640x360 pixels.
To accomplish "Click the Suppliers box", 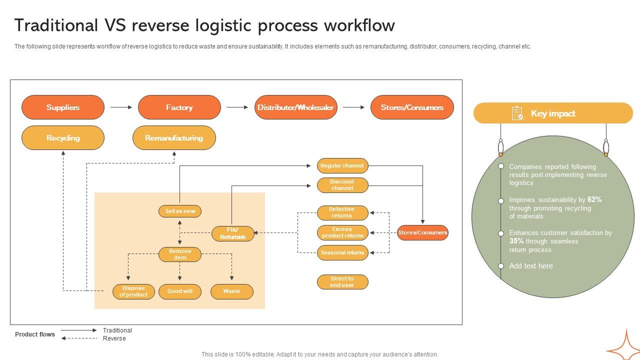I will click(63, 107).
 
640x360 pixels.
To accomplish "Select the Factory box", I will click(179, 107).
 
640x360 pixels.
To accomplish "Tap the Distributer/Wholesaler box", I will click(295, 107).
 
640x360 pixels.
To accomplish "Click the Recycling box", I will click(63, 138).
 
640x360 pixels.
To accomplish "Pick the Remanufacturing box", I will click(174, 138).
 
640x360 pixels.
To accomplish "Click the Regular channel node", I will click(342, 165).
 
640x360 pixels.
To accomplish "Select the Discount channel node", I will click(342, 185).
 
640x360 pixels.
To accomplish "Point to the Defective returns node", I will click(342, 212).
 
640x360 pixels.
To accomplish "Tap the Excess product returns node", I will click(342, 232).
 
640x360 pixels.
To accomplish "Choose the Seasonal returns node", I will click(342, 252).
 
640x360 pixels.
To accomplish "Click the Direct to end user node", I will click(342, 282).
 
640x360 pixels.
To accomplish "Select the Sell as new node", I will click(180, 211).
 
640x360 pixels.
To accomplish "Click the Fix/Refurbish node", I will click(232, 233).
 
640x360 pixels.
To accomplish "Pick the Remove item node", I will click(180, 254).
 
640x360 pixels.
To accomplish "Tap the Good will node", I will click(180, 291).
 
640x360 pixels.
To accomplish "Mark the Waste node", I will click(232, 291).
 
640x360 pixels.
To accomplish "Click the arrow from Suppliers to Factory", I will click(121, 107).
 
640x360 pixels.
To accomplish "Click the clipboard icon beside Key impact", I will click(517, 113).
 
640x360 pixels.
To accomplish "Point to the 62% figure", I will click(594, 199).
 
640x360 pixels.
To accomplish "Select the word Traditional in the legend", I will click(117, 330).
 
